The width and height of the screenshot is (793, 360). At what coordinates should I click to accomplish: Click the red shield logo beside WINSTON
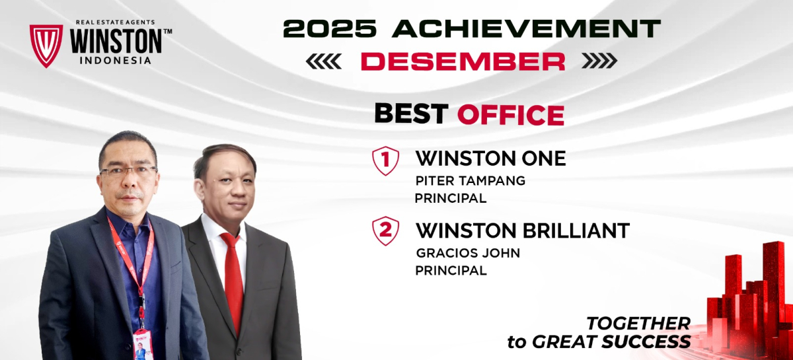click(x=46, y=46)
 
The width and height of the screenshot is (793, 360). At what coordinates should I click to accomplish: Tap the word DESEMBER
click(x=463, y=61)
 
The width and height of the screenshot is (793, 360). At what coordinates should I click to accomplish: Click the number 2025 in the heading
click(x=330, y=28)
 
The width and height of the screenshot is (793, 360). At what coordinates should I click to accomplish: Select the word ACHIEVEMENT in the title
click(x=527, y=28)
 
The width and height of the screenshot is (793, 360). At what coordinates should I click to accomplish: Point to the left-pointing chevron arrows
click(x=324, y=61)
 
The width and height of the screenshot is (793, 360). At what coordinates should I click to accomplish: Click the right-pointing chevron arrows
click(x=600, y=61)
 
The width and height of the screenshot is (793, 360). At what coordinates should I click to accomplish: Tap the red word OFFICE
click(x=510, y=115)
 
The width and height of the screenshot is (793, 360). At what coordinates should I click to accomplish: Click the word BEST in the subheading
click(x=411, y=114)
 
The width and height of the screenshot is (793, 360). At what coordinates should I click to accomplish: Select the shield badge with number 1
click(x=385, y=161)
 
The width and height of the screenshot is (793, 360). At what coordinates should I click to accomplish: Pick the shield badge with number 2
click(x=385, y=231)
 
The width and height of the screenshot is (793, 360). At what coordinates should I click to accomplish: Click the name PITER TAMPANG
click(x=470, y=181)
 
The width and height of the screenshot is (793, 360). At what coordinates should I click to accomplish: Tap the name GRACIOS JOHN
click(x=468, y=253)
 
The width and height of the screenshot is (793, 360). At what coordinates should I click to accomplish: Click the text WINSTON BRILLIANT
click(x=523, y=231)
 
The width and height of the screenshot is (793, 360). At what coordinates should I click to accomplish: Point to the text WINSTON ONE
click(x=490, y=159)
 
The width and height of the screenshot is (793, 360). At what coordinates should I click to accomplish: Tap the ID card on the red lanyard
click(x=143, y=345)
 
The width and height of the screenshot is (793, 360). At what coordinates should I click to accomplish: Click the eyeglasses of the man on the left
click(x=128, y=172)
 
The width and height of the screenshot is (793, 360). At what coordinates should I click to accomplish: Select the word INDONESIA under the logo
click(x=116, y=61)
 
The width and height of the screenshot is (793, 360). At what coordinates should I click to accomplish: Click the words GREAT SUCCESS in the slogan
click(x=611, y=342)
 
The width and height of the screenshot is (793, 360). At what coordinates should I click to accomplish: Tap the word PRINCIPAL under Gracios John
click(x=451, y=271)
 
